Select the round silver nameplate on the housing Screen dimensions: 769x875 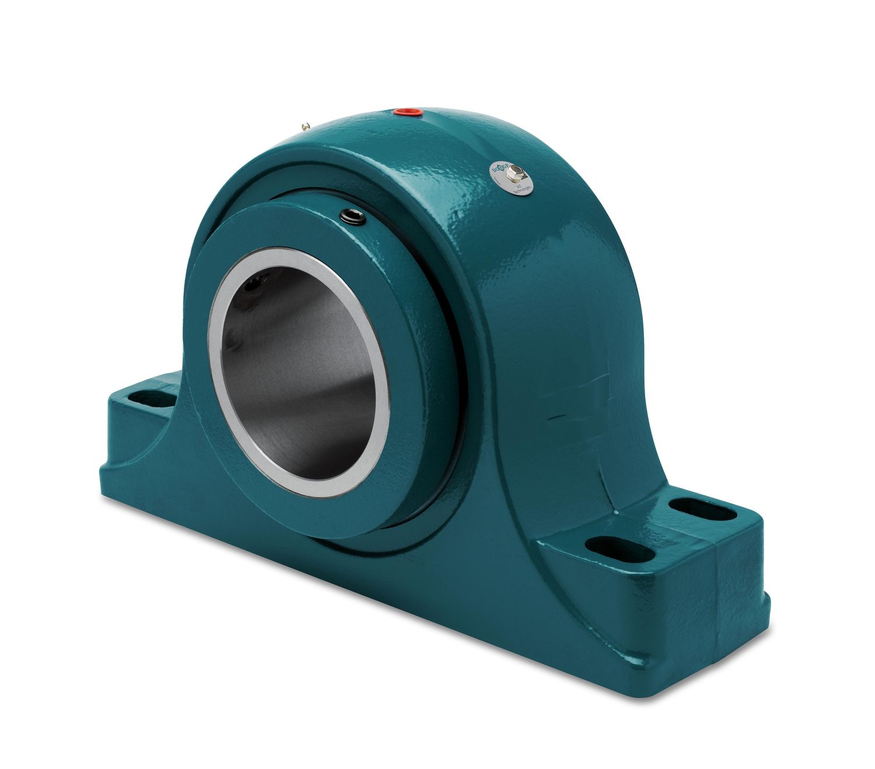510,177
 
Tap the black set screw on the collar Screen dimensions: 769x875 353,217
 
